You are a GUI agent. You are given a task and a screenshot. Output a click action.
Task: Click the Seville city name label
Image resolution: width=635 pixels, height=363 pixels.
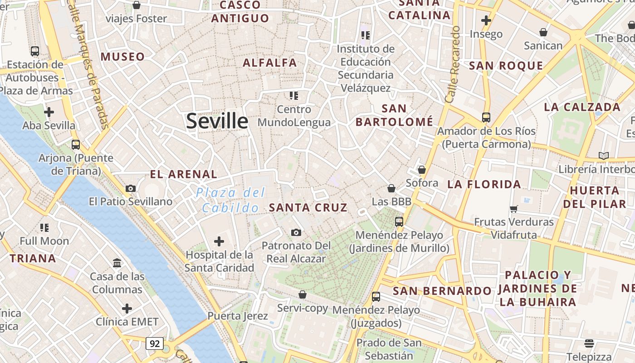click(x=217, y=121)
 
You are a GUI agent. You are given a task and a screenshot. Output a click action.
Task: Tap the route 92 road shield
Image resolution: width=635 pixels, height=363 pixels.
click(x=155, y=343)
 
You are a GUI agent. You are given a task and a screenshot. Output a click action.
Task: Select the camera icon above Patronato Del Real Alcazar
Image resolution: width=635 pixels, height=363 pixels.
click(x=296, y=233)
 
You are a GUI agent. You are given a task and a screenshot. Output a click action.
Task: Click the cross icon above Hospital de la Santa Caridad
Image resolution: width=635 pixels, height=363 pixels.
click(x=219, y=241)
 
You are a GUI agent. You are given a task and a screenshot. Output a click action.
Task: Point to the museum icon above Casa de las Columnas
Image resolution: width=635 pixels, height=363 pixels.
click(x=117, y=263)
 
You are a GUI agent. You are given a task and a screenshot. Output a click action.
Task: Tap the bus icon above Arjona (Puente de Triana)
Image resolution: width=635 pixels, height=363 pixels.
click(x=76, y=145)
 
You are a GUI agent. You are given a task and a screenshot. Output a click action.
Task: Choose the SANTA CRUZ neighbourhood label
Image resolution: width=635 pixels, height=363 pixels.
click(x=308, y=208)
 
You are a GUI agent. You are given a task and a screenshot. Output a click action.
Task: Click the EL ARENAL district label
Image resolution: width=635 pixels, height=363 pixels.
click(x=184, y=174)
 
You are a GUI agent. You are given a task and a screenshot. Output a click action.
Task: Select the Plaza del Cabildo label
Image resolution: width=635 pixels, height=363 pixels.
click(x=230, y=200)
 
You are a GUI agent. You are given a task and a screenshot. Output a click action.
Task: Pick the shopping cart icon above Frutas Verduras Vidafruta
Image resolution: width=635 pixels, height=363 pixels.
click(x=513, y=209)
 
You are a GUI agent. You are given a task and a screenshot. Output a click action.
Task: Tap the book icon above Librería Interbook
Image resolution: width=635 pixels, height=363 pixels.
click(x=603, y=156)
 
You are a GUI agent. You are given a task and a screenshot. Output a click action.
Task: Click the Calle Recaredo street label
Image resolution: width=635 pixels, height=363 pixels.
click(x=453, y=64)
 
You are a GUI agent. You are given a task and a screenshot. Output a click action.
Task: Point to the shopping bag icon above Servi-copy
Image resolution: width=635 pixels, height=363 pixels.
click(x=303, y=295)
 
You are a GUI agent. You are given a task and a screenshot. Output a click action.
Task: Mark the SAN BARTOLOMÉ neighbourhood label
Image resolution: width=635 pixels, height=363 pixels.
click(x=394, y=115)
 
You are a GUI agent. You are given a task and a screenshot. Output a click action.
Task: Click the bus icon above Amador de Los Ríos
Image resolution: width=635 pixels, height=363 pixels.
click(x=486, y=118)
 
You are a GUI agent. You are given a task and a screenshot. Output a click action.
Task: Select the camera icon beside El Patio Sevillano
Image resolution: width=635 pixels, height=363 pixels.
click(x=131, y=188)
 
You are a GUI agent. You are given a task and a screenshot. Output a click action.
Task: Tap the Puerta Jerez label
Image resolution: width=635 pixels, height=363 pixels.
click(x=238, y=316)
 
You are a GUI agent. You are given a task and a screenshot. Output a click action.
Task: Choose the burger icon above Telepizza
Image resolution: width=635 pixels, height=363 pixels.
click(x=589, y=343)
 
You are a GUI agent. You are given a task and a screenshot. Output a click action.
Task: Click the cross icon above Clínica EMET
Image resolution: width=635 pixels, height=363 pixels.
click(x=127, y=309)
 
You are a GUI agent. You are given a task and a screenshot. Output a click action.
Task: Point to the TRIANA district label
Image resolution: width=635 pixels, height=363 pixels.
click(x=33, y=259)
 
